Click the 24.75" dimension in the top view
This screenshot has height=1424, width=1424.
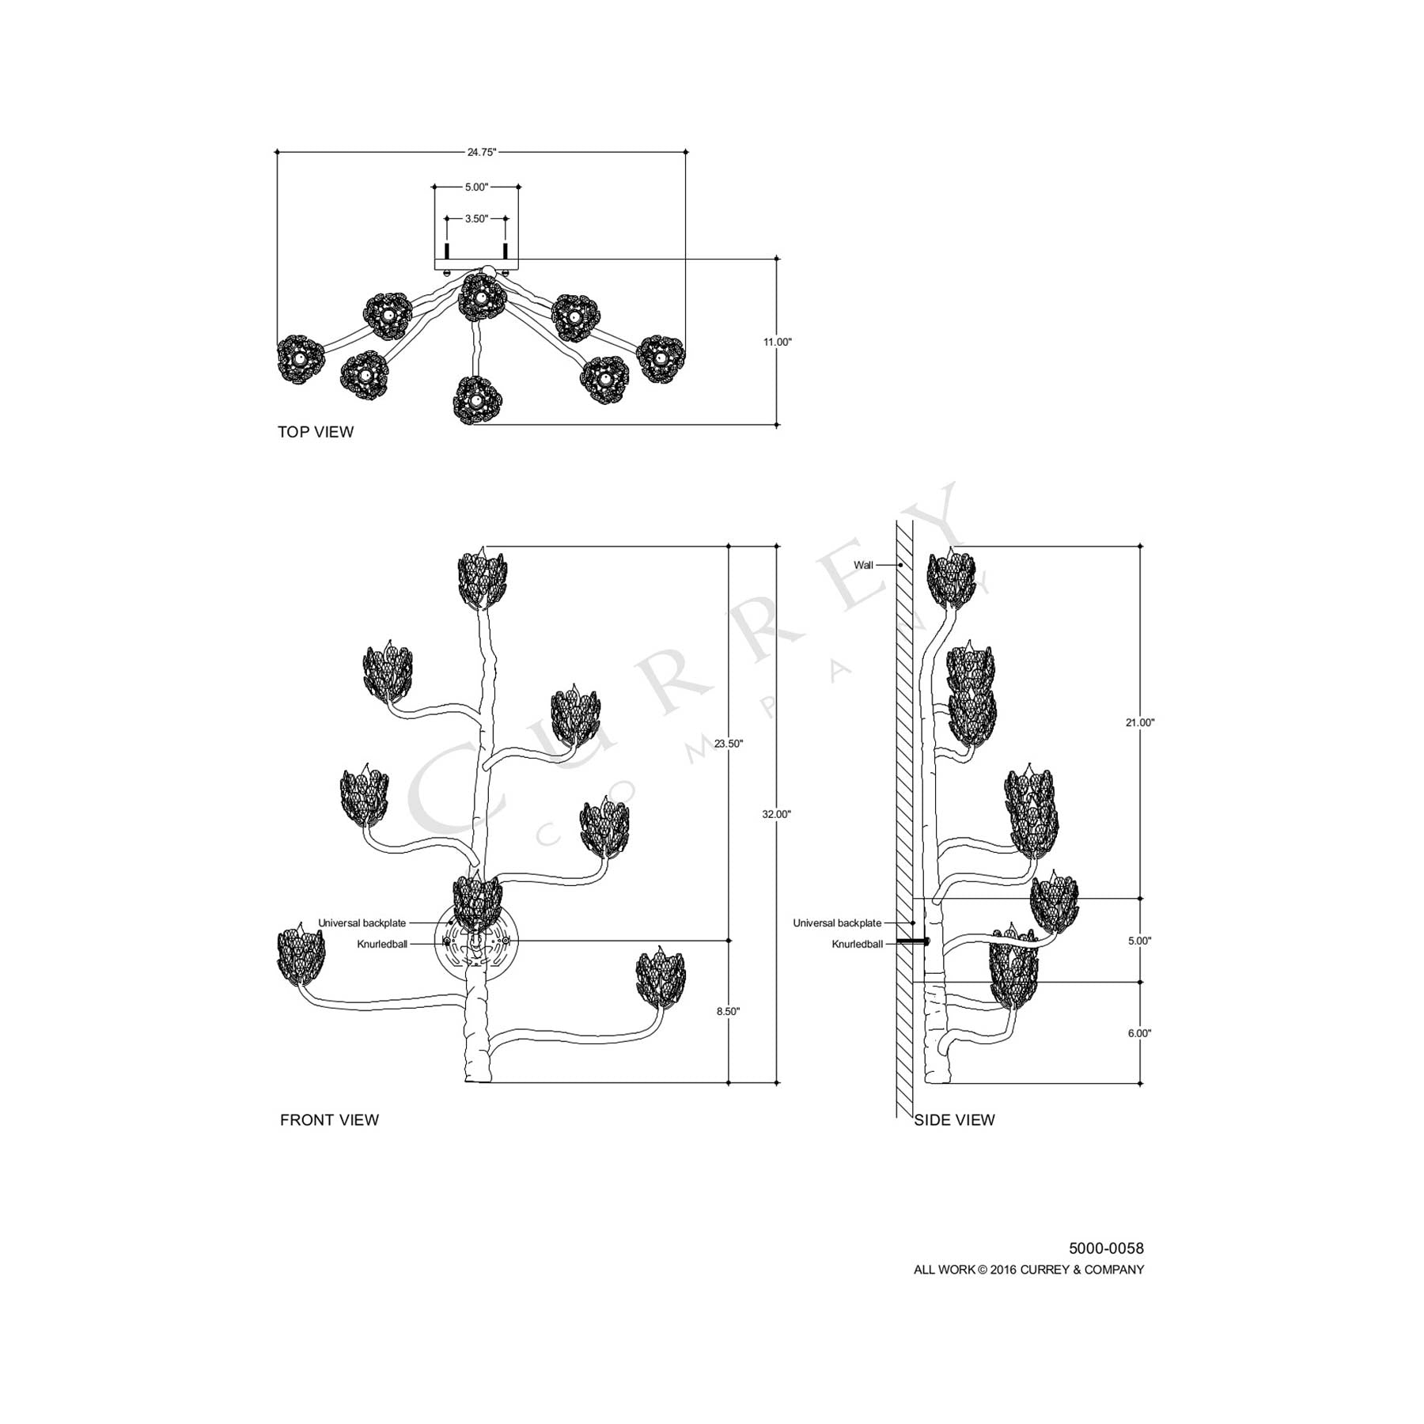click(481, 152)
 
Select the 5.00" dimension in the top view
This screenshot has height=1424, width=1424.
click(476, 187)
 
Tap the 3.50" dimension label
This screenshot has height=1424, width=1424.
click(476, 218)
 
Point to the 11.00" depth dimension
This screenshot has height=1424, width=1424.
click(777, 342)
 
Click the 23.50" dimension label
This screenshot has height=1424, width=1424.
click(729, 744)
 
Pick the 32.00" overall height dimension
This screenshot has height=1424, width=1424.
click(777, 814)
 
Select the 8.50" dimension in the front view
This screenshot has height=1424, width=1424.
click(729, 1011)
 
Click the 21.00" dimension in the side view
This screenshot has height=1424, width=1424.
click(1140, 722)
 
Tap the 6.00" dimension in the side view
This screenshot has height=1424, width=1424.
click(1140, 1033)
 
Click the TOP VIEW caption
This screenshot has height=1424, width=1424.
click(316, 432)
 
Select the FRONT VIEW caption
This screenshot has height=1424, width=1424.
click(329, 1119)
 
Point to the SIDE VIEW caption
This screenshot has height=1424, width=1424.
click(954, 1119)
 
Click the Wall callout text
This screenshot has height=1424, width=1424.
click(863, 565)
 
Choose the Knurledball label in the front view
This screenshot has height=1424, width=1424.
click(382, 944)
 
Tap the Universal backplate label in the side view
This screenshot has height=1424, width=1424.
click(837, 923)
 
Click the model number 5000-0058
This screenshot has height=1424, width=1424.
click(1106, 1248)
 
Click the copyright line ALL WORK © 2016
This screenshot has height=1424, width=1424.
click(1028, 1270)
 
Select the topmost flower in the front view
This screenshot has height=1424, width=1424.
click(483, 580)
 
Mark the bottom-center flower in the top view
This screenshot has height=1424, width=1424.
click(476, 400)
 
